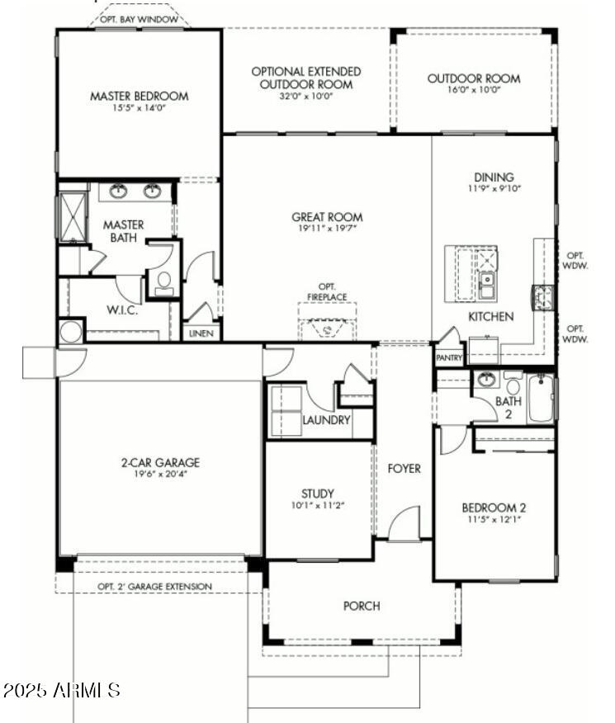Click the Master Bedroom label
click(140, 96)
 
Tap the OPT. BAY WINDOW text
click(139, 19)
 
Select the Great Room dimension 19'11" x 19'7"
click(328, 228)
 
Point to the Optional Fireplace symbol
click(328, 328)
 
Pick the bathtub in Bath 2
click(541, 399)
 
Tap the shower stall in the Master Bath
click(73, 216)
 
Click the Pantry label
click(449, 357)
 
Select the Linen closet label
click(201, 333)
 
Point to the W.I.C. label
click(122, 310)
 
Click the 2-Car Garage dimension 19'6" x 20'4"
click(160, 474)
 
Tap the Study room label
click(318, 494)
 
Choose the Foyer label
click(404, 469)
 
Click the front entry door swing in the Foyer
click(404, 522)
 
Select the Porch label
click(362, 606)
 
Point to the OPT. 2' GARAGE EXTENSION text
click(155, 587)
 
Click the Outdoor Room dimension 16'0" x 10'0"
click(474, 89)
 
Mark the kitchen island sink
click(486, 286)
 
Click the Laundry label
click(326, 420)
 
